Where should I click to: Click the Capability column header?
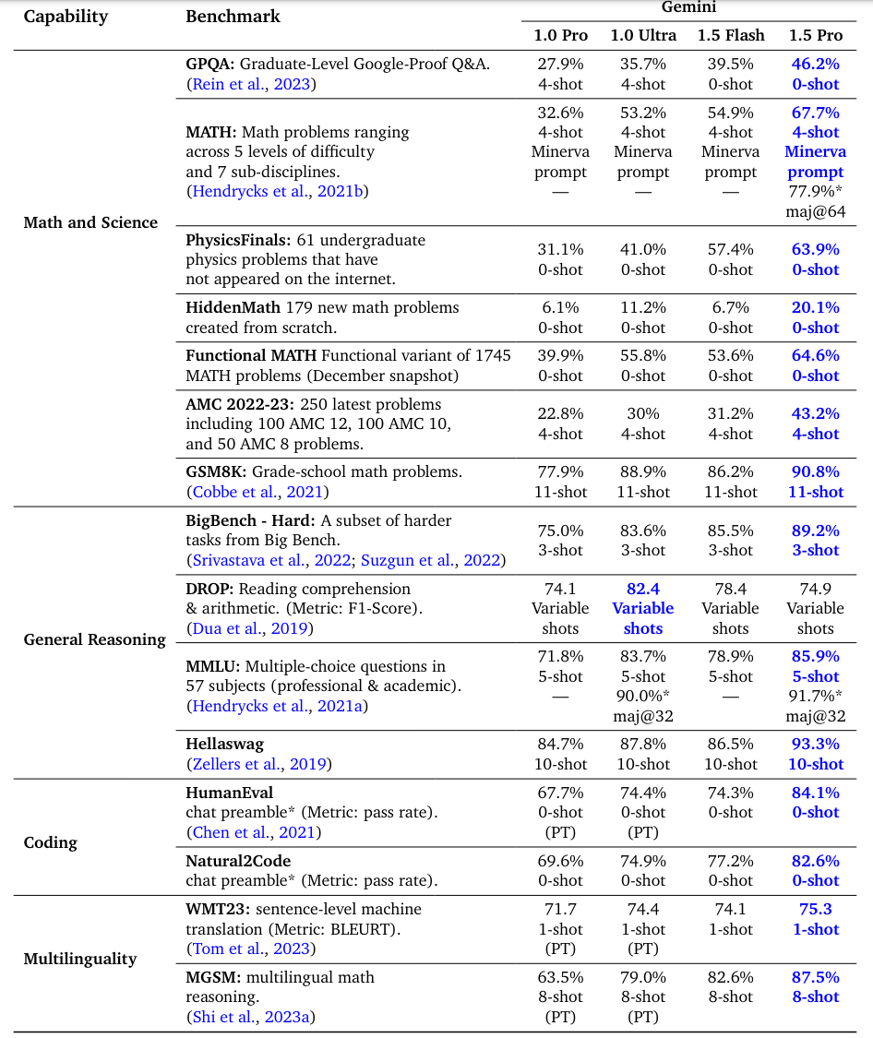[66, 17]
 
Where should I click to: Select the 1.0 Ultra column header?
[643, 35]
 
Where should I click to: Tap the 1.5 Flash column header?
[730, 35]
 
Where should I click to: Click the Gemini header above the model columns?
[689, 7]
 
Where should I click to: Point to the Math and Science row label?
[90, 222]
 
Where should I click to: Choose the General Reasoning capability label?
[95, 639]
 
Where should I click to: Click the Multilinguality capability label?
[80, 959]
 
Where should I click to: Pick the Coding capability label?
[51, 842]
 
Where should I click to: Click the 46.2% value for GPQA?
[815, 65]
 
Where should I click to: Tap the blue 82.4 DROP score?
[643, 589]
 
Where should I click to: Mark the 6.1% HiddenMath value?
[560, 307]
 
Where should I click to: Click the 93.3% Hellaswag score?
[815, 744]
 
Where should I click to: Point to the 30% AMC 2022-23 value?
[643, 413]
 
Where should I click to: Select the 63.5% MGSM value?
[560, 977]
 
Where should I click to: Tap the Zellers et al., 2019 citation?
[259, 764]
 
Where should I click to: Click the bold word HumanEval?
[230, 793]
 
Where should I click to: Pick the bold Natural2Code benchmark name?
[238, 861]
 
